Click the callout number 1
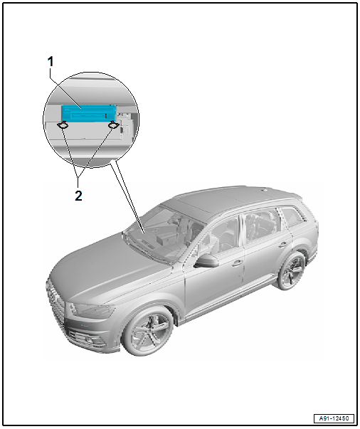point(51,62)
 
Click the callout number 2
point(78,196)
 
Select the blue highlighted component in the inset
point(89,114)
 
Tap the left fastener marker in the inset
point(63,125)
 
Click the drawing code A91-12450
point(334,418)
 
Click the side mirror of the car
point(207,261)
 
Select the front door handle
point(237,263)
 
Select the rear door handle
point(282,244)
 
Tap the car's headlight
point(92,310)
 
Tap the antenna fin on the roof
point(264,189)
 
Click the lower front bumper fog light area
point(89,340)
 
